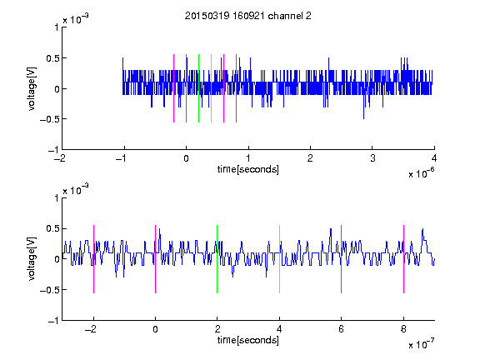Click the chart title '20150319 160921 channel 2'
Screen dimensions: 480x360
(248, 16)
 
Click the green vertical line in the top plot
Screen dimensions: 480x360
(198, 88)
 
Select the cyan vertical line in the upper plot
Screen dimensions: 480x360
(211, 88)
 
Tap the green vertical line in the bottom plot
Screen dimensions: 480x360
(217, 259)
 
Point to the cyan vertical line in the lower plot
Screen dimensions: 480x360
(279, 259)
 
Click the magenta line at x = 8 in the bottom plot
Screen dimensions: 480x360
(403, 259)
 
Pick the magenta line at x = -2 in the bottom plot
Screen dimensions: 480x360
(93, 259)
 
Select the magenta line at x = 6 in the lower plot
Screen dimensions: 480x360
(342, 259)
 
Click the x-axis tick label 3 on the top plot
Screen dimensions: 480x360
(372, 158)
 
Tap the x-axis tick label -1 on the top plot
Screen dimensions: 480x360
(122, 158)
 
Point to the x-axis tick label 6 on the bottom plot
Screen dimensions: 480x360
(342, 329)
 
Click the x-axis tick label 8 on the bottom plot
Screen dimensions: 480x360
(403, 329)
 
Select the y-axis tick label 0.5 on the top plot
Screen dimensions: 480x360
(52, 58)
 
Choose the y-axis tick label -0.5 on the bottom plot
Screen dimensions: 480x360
(49, 290)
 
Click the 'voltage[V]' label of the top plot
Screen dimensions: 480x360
(32, 88)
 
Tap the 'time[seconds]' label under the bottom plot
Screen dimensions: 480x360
(248, 340)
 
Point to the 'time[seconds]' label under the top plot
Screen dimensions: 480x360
(248, 169)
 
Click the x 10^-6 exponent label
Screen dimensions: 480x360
(421, 173)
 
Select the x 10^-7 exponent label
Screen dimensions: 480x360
(421, 344)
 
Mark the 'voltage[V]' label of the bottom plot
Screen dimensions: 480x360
(32, 258)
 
